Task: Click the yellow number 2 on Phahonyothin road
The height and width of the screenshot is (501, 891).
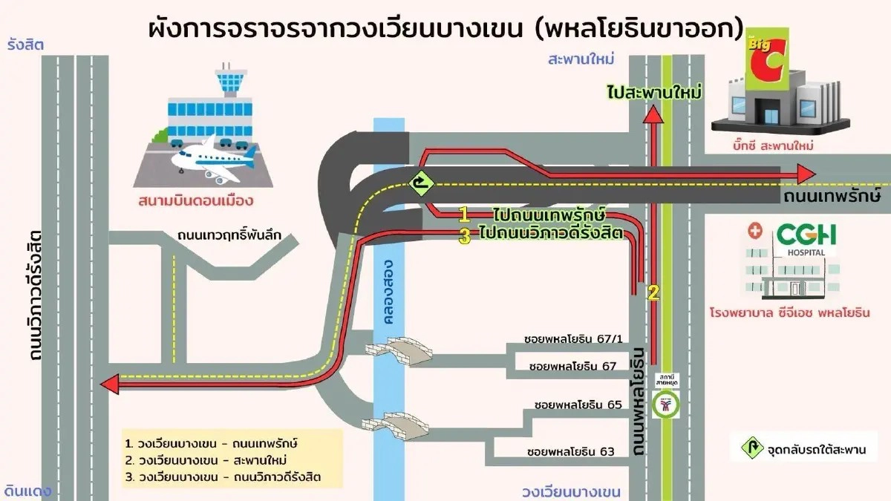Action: [x=653, y=292]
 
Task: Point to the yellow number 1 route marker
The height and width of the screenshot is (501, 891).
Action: [x=464, y=215]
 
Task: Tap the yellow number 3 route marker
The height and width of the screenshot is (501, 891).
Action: [x=464, y=238]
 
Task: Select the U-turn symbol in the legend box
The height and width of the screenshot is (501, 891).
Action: [x=751, y=449]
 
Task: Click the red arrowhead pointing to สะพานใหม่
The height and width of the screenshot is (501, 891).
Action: [x=652, y=114]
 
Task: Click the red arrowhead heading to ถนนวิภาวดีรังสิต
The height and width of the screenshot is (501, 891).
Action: [x=110, y=383]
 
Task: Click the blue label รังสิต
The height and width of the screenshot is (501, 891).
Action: [x=25, y=45]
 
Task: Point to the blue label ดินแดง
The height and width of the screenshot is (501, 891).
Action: [x=27, y=491]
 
